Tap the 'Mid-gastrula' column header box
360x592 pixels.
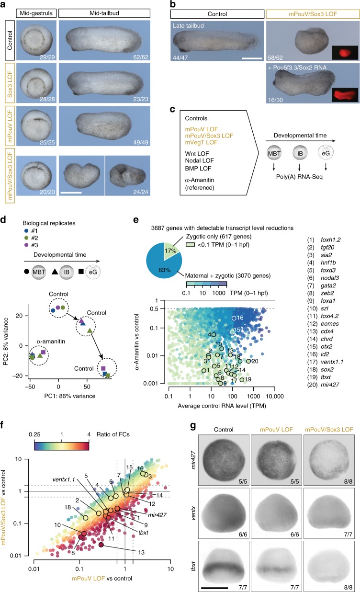[34, 10]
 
